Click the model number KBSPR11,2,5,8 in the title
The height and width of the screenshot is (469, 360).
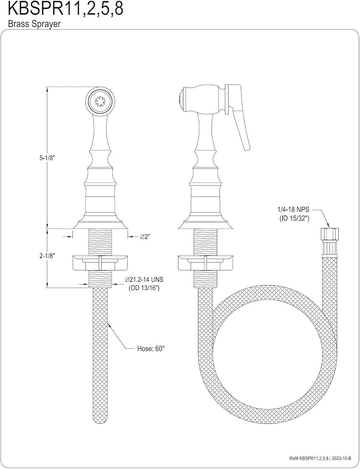[x=66, y=9]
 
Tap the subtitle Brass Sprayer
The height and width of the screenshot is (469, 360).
[x=34, y=24]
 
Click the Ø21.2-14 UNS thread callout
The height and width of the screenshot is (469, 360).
[x=144, y=280]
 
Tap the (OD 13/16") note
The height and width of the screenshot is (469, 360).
[x=144, y=288]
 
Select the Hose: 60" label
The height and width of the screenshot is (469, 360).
[x=151, y=349]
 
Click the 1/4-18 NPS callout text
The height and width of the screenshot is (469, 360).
[x=292, y=210]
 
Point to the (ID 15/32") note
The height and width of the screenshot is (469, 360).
[x=292, y=218]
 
